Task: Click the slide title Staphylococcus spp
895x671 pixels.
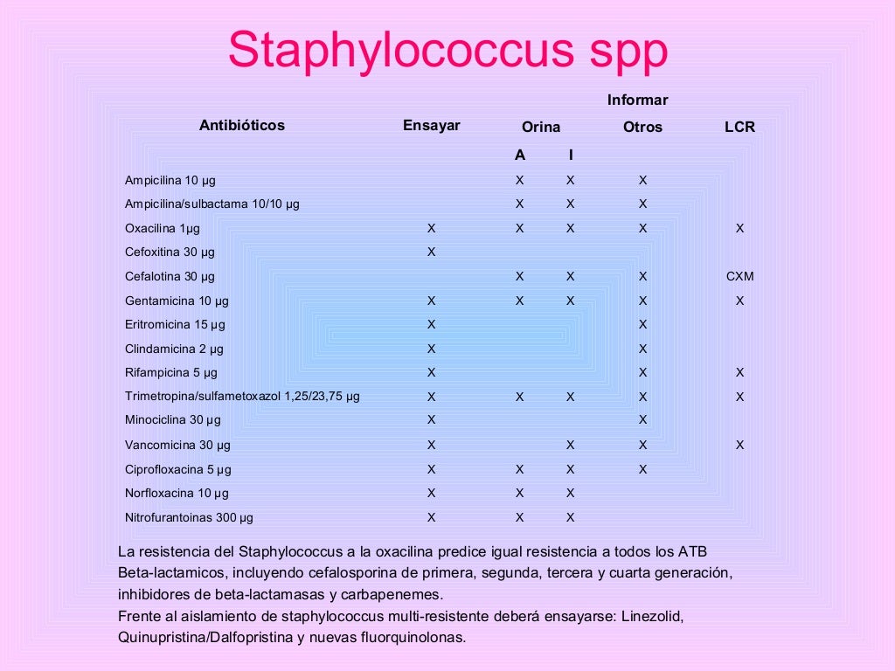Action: [447, 51]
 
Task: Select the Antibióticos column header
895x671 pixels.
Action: [242, 125]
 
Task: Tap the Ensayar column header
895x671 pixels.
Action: [431, 125]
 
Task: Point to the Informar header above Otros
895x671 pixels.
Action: [638, 100]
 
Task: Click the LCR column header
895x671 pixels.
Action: [739, 127]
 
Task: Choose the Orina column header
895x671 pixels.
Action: [541, 127]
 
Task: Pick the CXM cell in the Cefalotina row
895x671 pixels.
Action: [739, 276]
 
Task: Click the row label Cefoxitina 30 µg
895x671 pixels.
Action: [170, 252]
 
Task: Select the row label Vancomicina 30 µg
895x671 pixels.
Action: [177, 445]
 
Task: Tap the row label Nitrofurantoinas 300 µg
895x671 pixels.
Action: [189, 517]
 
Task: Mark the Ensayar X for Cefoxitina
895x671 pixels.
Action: [431, 252]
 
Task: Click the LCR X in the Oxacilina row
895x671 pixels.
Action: [739, 228]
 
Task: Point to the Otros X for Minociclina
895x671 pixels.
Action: [642, 420]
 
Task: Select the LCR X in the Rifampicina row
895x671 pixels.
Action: [739, 372]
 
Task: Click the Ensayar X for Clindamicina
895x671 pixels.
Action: [431, 349]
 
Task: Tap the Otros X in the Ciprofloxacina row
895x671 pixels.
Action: [642, 468]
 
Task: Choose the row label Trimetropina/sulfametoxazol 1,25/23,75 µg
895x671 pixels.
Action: [242, 397]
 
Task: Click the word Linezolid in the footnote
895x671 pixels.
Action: [651, 616]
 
